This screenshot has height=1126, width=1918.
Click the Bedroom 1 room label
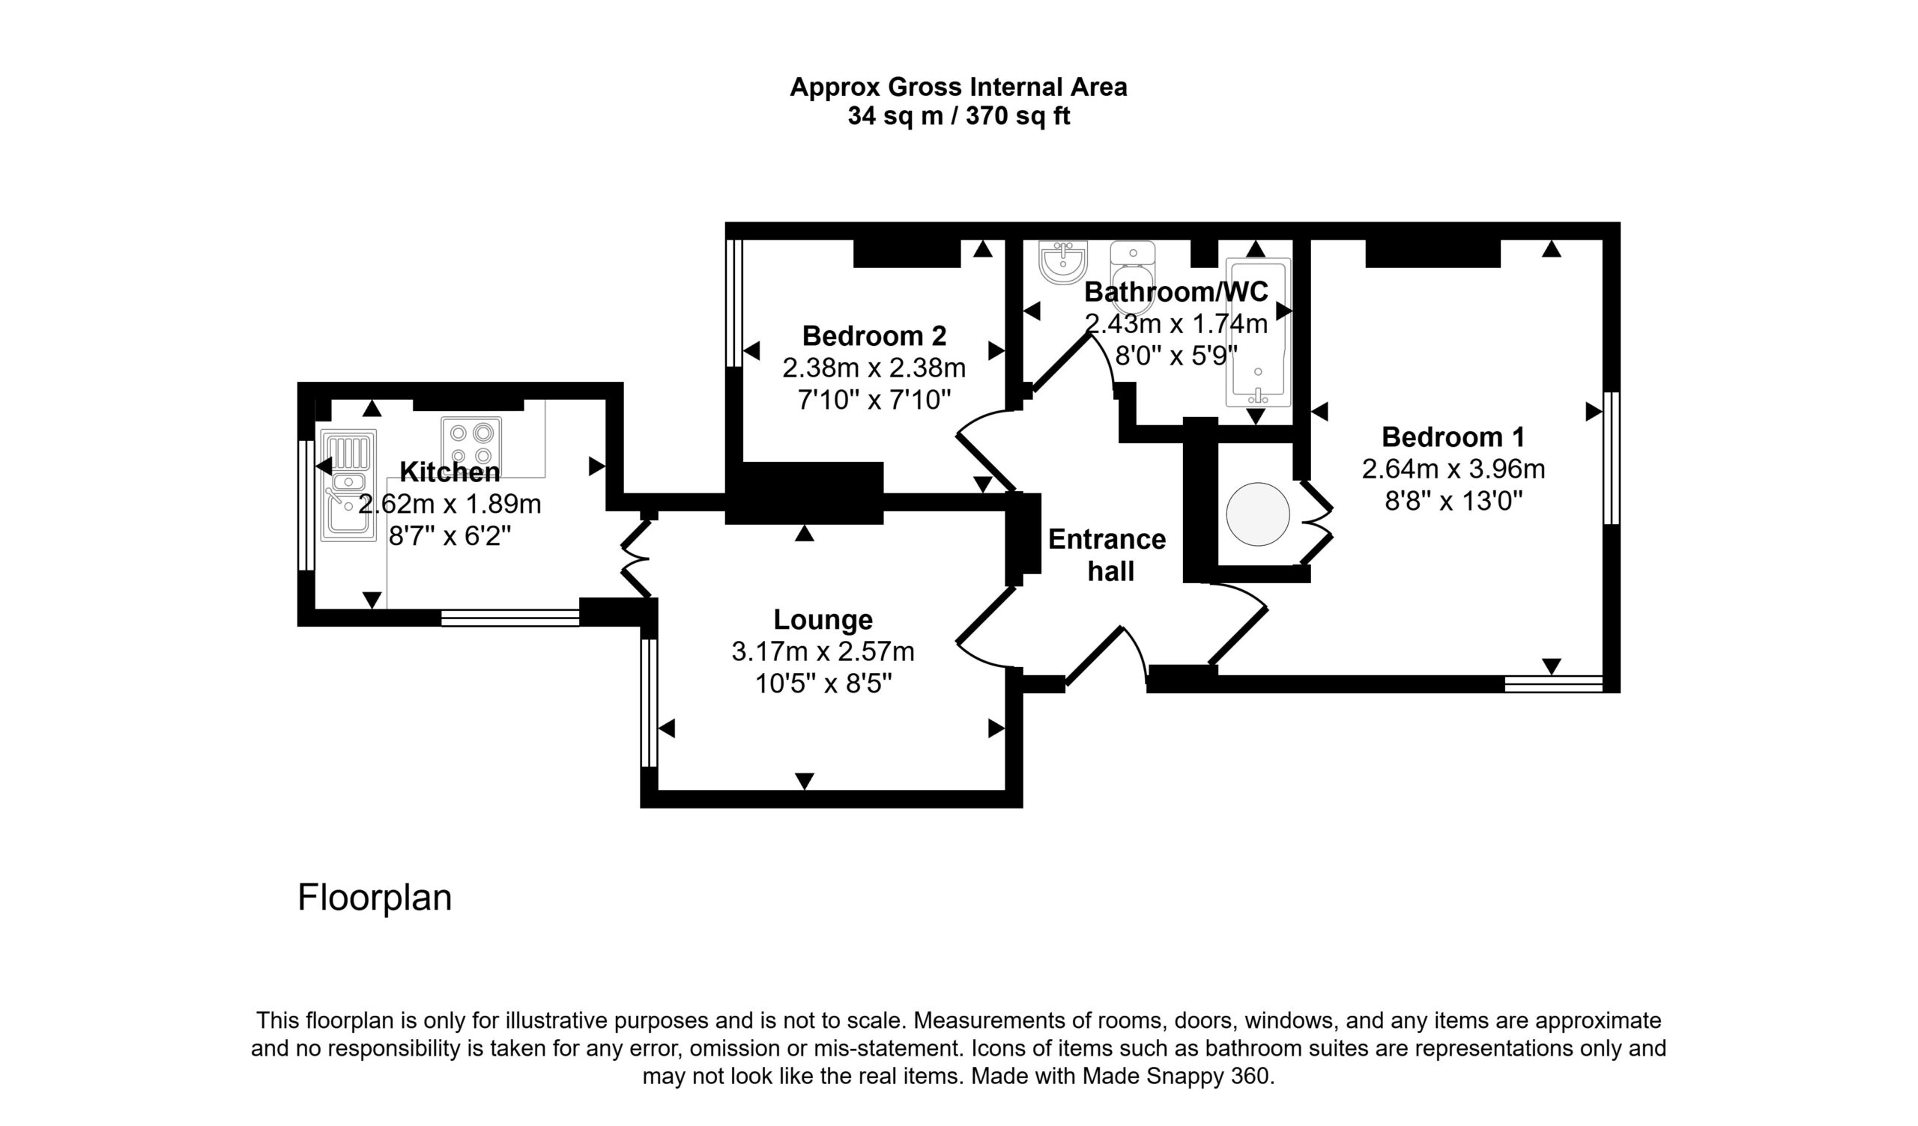coord(1453,436)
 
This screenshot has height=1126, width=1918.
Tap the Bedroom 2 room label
coord(874,335)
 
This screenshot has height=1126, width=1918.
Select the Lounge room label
coord(823,619)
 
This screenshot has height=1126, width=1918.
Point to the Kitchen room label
coord(450,472)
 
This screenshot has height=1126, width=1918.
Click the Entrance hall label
coord(1107,555)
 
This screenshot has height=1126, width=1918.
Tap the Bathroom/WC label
coord(1176,291)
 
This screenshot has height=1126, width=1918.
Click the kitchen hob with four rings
coord(471,443)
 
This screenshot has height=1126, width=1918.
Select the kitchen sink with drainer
coord(348,485)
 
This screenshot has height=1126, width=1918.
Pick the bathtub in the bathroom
coord(1257,332)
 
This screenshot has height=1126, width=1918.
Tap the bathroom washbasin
coord(1063,262)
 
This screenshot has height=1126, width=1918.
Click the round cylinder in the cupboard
coord(1257,514)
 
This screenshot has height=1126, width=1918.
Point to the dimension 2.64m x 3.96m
coord(1453,469)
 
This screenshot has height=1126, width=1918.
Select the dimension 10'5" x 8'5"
coord(823,684)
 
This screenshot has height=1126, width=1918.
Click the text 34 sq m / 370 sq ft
coord(958,115)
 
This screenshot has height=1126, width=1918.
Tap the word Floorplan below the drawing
coord(375,898)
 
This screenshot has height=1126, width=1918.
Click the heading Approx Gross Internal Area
coord(958,87)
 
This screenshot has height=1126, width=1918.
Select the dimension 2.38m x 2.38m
coord(874,368)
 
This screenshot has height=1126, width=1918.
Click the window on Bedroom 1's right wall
coord(1611,458)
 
